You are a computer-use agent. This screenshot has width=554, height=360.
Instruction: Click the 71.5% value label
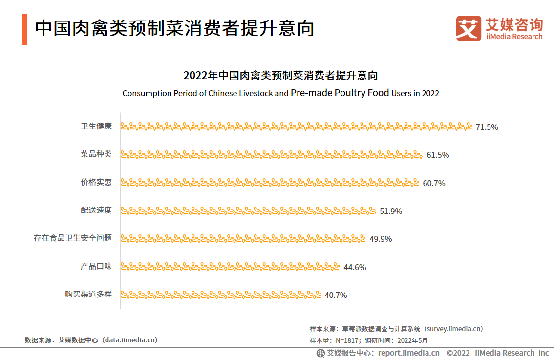click(487, 127)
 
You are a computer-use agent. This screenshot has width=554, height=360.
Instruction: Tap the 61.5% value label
click(438, 155)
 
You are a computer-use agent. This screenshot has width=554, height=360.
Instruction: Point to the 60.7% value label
click(434, 183)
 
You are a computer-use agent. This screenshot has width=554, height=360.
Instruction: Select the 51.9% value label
click(391, 211)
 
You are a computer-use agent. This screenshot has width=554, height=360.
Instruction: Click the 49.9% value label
click(381, 239)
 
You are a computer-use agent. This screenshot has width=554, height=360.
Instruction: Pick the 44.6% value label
click(355, 267)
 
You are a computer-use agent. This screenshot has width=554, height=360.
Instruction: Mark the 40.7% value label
click(336, 295)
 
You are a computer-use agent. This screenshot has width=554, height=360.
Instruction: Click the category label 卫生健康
click(96, 127)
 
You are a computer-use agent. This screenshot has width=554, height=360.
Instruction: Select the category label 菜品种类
click(96, 154)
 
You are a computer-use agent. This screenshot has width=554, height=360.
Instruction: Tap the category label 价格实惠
click(96, 182)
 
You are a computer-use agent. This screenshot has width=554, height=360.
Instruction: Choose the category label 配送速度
click(96, 211)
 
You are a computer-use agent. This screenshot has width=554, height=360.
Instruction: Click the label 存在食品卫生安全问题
click(73, 238)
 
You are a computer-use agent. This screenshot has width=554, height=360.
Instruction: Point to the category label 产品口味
click(96, 267)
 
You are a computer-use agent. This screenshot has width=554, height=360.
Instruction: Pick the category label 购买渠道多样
click(88, 295)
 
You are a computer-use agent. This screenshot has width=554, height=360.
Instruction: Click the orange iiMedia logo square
click(469, 28)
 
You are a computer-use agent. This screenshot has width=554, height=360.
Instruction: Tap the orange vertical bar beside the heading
click(24, 29)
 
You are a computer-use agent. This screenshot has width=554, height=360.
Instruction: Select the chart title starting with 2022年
click(280, 76)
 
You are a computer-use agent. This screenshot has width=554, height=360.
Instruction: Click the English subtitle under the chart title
click(280, 93)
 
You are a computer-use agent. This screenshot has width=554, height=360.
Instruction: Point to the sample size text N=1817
click(348, 340)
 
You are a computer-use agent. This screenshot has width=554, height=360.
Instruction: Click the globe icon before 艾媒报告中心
click(320, 353)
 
